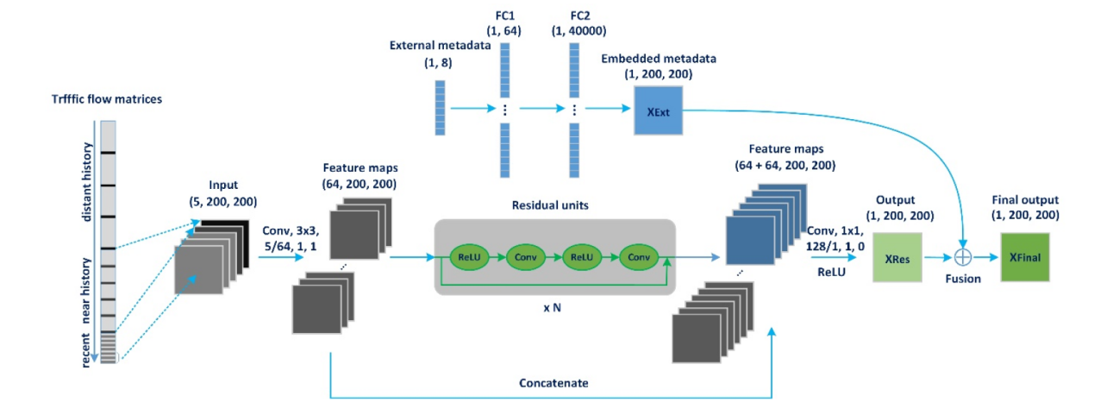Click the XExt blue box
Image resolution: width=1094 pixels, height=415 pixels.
[x=658, y=111]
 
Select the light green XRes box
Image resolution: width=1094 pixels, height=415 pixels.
[x=897, y=256]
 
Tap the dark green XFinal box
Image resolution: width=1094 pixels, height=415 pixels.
[x=1025, y=256]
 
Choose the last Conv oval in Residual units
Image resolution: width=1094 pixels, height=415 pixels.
[x=638, y=256]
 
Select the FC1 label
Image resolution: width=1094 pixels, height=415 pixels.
[x=505, y=16]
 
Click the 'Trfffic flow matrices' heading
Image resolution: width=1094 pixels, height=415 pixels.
[x=106, y=99]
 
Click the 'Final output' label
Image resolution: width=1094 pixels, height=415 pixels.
[x=1025, y=199]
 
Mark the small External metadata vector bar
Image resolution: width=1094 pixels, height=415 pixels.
[x=440, y=107]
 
